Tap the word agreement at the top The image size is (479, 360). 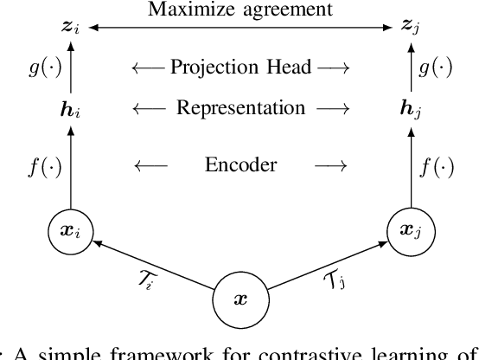coord(280,11)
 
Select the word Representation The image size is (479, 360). coord(239,109)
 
